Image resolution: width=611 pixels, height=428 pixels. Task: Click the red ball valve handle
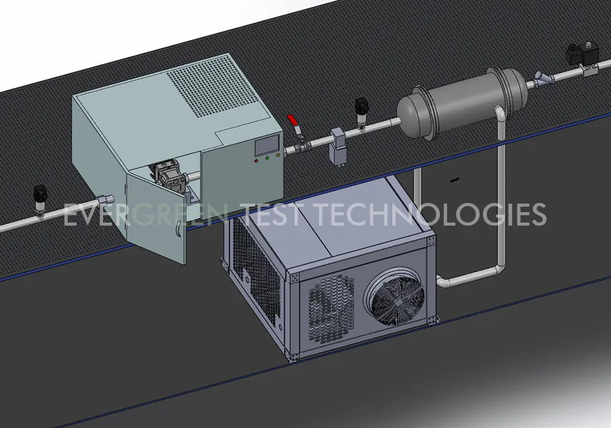pos(295,121)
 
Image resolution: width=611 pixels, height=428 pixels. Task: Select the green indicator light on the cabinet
pos(266,158)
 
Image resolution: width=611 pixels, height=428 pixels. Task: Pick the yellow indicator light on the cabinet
pos(278,155)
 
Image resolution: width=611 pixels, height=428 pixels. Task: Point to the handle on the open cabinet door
pos(175,230)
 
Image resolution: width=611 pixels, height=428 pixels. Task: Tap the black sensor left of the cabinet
pos(40,196)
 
